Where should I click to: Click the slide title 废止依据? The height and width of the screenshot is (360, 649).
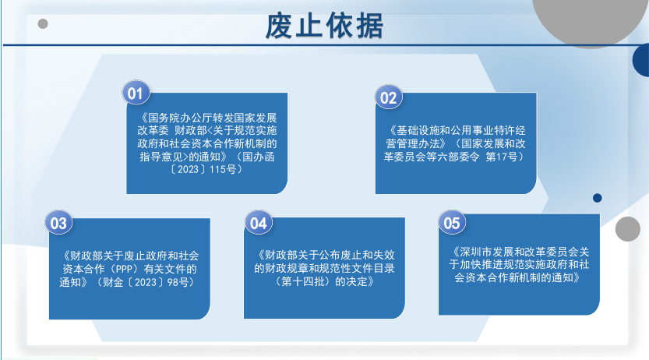(324, 26)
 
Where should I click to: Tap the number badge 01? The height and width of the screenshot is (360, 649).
(136, 93)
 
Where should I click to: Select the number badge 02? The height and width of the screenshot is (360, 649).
(388, 97)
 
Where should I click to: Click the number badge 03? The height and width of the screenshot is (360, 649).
(58, 223)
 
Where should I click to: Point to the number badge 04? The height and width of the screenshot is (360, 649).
(259, 223)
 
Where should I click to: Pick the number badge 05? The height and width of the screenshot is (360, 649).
(452, 223)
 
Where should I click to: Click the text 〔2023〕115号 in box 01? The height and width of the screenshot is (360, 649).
(206, 170)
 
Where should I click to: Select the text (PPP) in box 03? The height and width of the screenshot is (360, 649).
(124, 270)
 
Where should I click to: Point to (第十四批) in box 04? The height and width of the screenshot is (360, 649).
(304, 282)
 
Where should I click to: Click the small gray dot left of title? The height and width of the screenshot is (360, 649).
(43, 23)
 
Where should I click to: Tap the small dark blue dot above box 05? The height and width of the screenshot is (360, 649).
(598, 198)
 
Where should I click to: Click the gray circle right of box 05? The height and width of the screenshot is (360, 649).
(628, 229)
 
